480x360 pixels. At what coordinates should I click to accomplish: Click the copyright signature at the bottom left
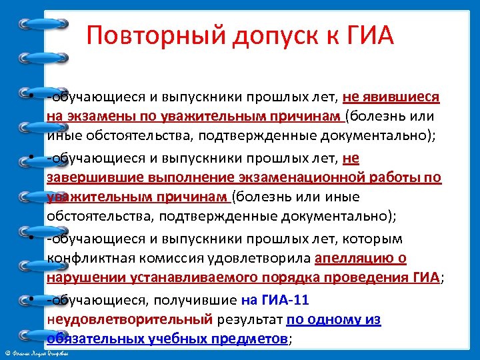pyautogui.click(x=40, y=353)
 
